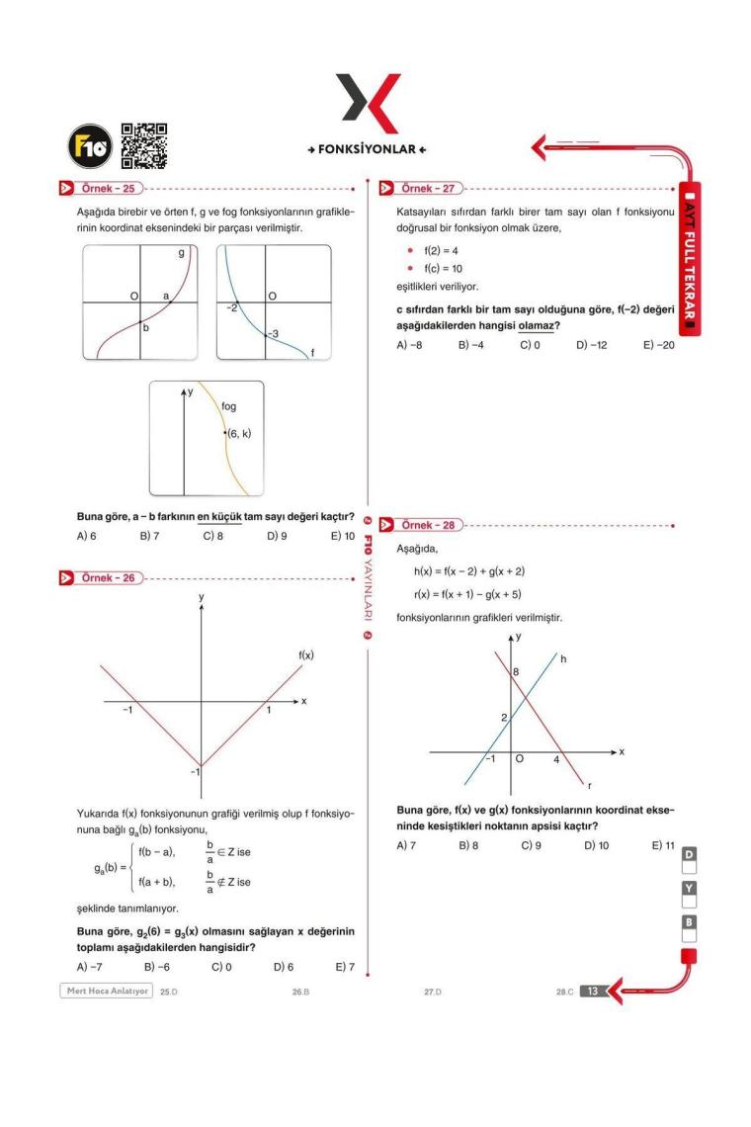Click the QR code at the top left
point(143,146)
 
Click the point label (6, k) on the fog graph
point(238,434)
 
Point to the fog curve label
point(222,406)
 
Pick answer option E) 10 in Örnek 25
point(342,537)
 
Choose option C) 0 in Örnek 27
point(530,346)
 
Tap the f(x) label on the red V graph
point(306,655)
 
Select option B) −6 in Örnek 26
point(157,967)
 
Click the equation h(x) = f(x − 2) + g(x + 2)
point(468,571)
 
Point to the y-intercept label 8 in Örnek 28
point(515,673)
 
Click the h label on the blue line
point(563,659)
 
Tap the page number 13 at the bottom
point(591,992)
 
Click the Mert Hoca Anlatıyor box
point(107,991)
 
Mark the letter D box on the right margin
point(690,853)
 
